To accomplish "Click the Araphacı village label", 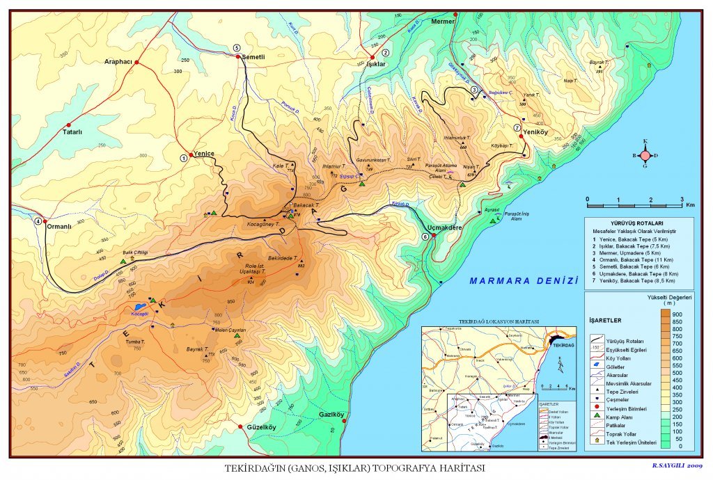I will (x=118, y=61).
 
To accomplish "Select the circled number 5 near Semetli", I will (x=237, y=48).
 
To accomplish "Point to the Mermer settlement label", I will (x=442, y=22).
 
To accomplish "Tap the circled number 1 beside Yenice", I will (x=184, y=158).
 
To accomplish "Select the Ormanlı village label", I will (x=59, y=226).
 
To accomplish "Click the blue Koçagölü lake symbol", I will (x=139, y=305).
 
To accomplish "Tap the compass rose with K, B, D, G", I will (x=645, y=155).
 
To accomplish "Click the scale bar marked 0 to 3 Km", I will (x=634, y=206).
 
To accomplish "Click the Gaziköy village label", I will (x=332, y=415).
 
